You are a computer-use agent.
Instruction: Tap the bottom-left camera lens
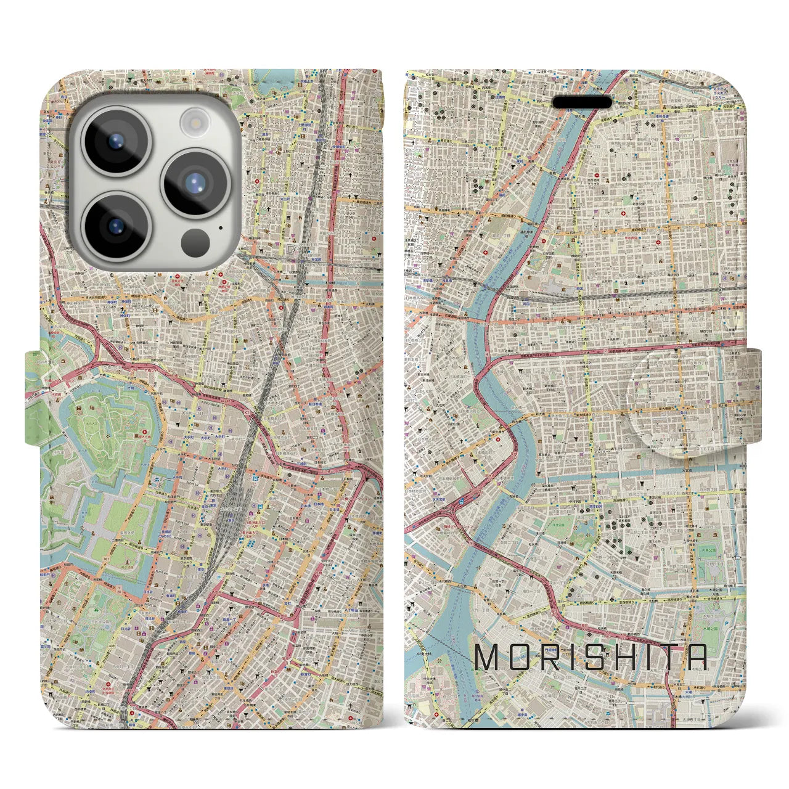(x=116, y=226)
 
